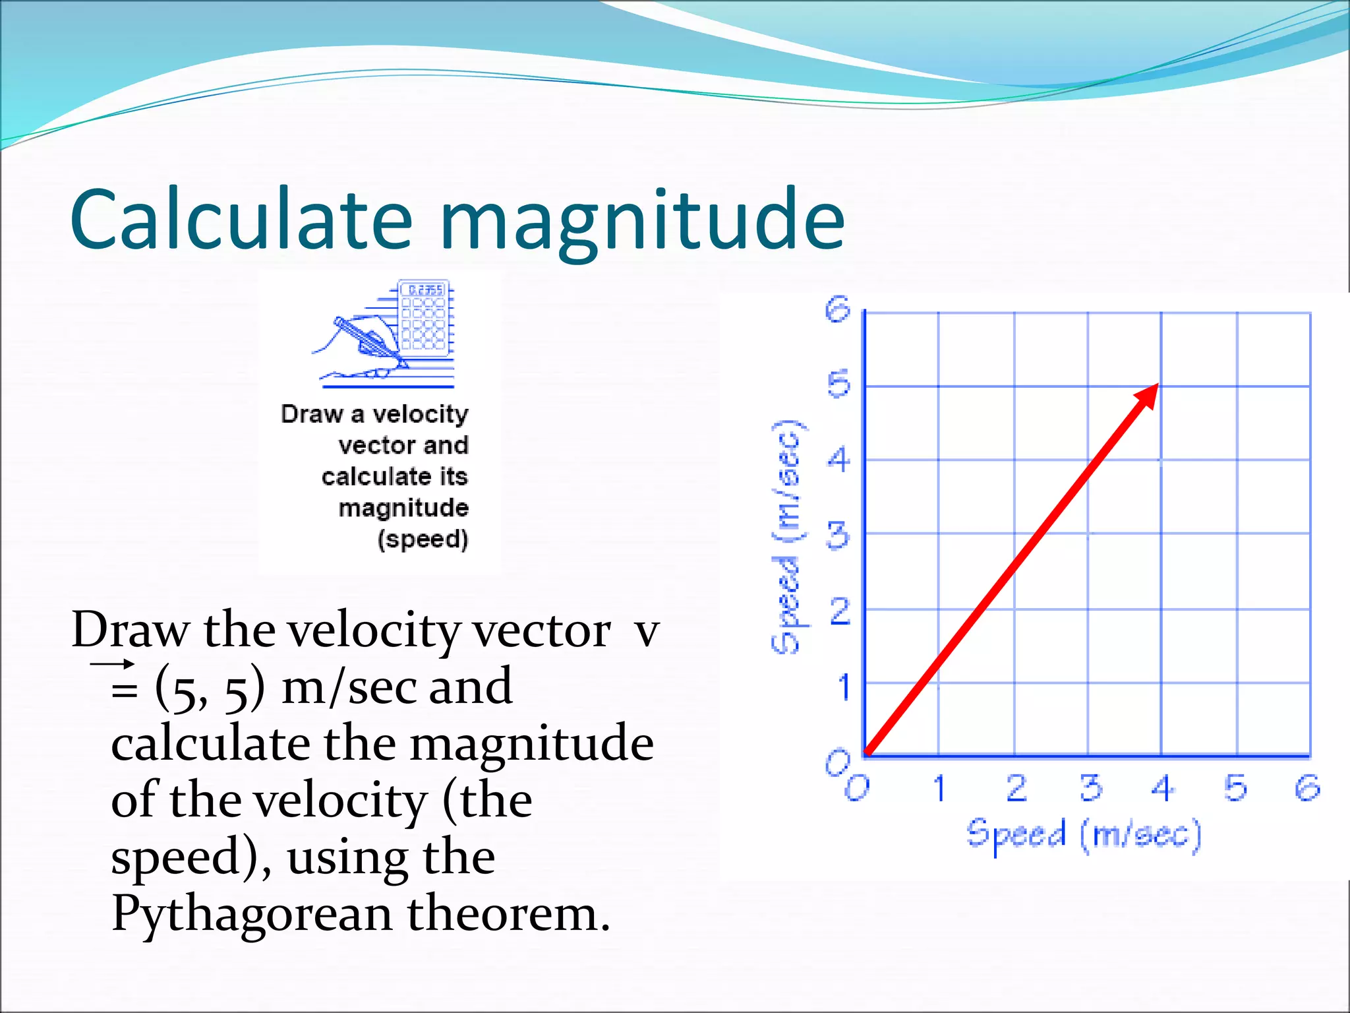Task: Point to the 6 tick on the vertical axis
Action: tap(838, 309)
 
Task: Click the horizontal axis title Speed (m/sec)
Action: tap(1083, 835)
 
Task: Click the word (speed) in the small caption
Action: tap(423, 539)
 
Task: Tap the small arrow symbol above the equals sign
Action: tap(113, 663)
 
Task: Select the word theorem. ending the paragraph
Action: tap(508, 914)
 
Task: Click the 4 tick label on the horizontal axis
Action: tap(1162, 787)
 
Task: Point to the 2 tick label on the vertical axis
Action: tap(839, 612)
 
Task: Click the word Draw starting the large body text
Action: tap(129, 630)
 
